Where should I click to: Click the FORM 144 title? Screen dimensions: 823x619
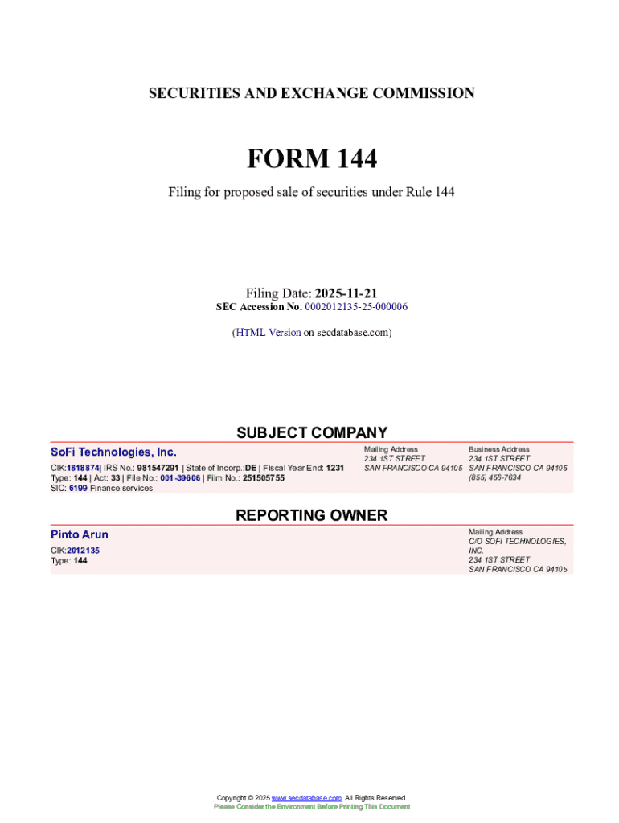[x=311, y=159]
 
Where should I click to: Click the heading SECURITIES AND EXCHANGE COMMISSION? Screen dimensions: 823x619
[x=311, y=93]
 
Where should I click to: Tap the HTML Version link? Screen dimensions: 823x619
[x=268, y=332]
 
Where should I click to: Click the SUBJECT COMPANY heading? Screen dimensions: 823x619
[x=311, y=432]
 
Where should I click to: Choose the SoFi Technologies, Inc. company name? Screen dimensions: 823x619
[x=113, y=452]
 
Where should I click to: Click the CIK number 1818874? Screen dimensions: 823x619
[x=83, y=468]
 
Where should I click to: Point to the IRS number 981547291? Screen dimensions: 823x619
[x=158, y=468]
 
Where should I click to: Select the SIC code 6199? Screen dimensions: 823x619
[x=77, y=488]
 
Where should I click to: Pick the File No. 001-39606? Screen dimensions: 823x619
[x=180, y=478]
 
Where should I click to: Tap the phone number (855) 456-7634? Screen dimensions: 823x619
[x=494, y=477]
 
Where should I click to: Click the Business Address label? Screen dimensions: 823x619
[x=498, y=449]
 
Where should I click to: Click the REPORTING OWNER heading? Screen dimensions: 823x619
[x=311, y=515]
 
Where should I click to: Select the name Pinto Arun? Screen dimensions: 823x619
[x=79, y=534]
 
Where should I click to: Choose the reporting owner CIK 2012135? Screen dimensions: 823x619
[x=83, y=551]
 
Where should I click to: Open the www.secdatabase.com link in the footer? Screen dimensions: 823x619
[x=306, y=798]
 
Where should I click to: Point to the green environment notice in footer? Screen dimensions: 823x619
[x=311, y=806]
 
